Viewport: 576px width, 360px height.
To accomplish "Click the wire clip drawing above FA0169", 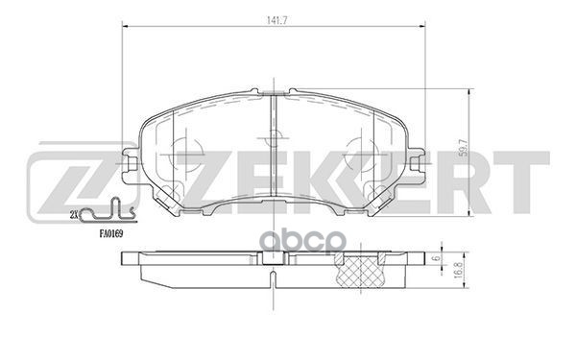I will [x=105, y=211].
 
